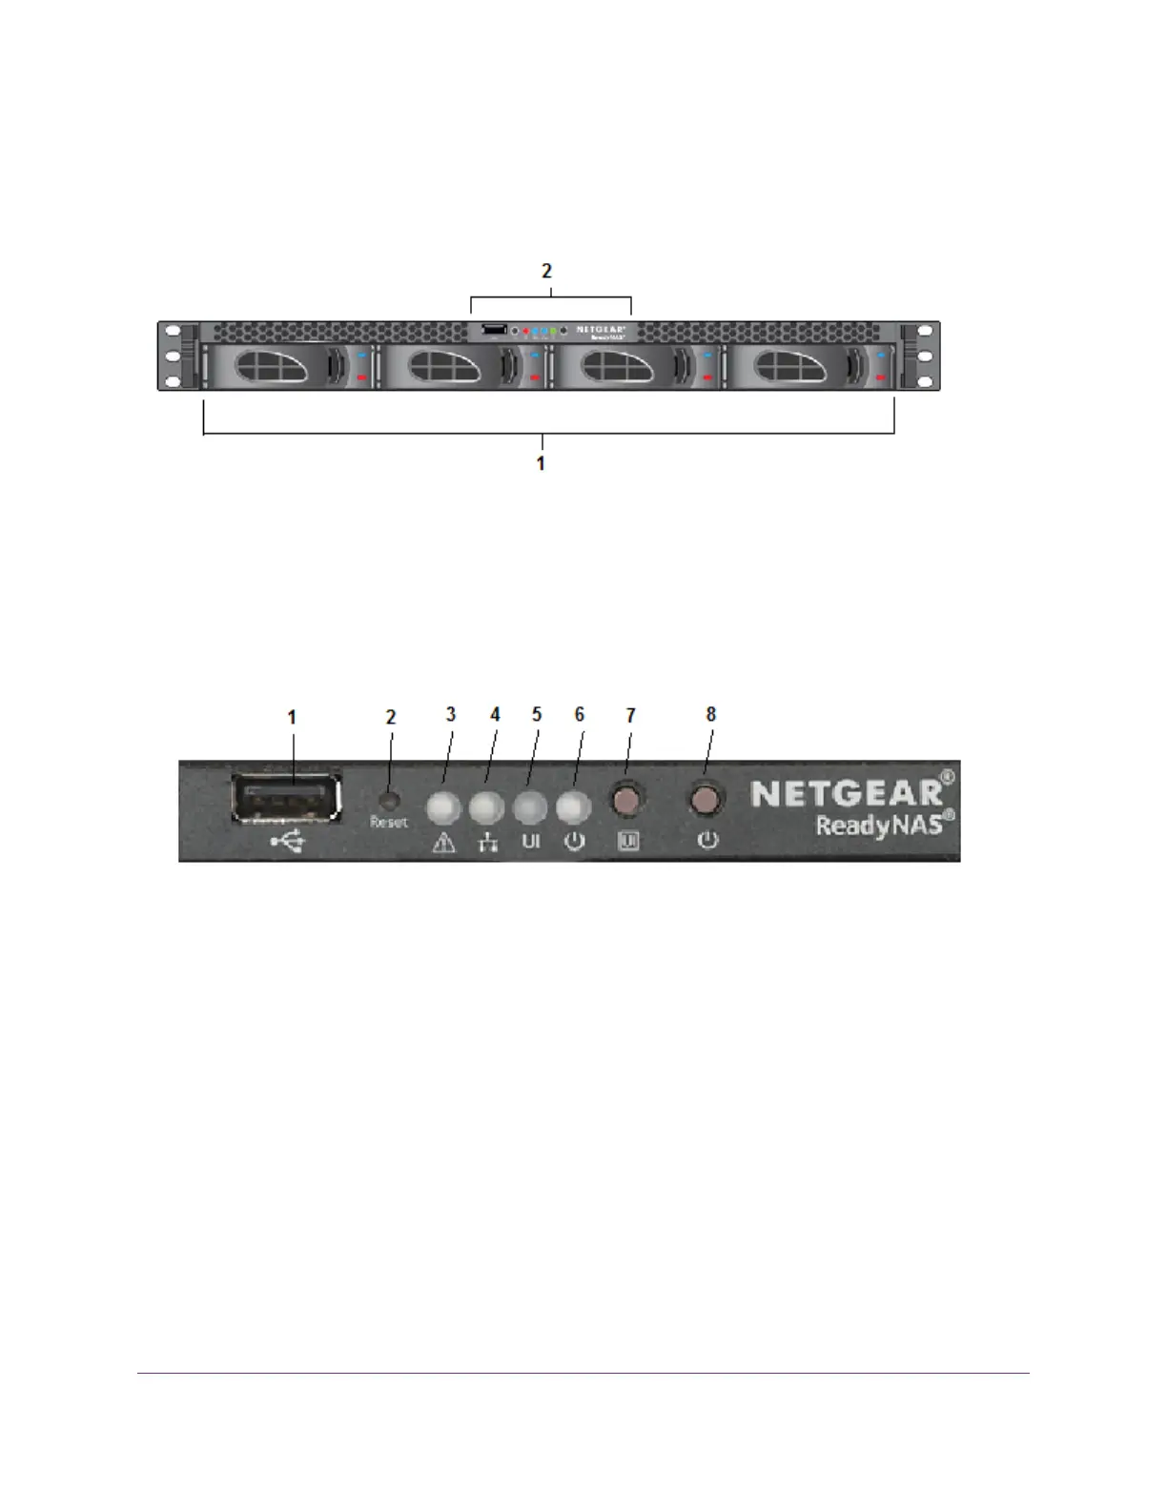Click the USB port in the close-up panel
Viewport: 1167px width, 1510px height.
[286, 797]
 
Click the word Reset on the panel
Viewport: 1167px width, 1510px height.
[388, 822]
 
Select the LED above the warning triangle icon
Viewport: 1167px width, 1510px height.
[443, 808]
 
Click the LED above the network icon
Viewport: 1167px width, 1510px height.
[487, 808]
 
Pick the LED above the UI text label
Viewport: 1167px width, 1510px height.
[530, 808]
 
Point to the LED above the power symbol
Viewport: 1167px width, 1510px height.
[573, 808]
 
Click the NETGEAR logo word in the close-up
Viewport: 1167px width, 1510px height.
[847, 793]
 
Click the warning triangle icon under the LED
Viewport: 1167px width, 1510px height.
[443, 843]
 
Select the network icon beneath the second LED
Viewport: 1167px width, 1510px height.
[488, 843]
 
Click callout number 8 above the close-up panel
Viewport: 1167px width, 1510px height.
[710, 714]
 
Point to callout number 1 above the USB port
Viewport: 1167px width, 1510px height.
[292, 716]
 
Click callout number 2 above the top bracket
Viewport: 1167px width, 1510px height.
[546, 271]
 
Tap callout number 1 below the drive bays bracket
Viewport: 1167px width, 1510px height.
[541, 463]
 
